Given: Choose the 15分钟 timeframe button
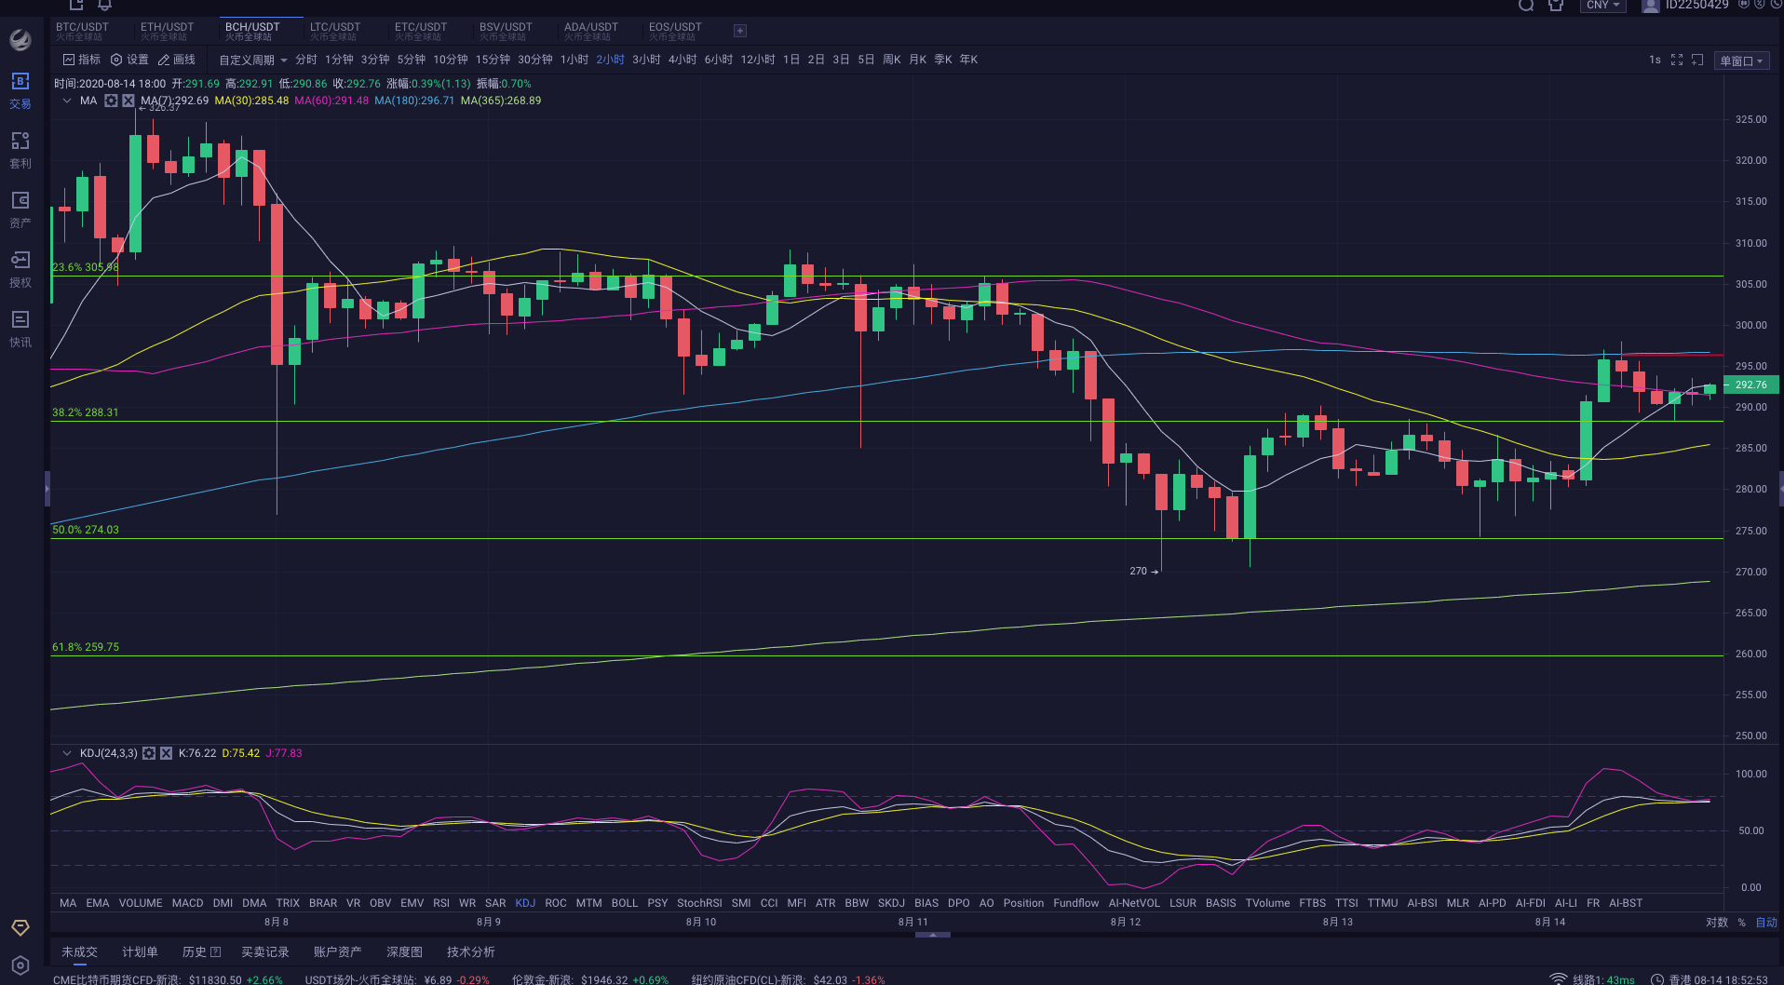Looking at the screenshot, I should click(493, 60).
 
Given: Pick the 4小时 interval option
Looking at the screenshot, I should click(683, 60).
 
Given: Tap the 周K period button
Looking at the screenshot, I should click(891, 60).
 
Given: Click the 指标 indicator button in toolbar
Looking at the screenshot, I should click(82, 60).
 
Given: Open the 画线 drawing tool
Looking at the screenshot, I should click(177, 60).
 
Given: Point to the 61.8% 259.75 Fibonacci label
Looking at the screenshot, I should click(86, 647).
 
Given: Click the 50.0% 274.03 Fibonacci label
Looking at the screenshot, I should click(86, 530).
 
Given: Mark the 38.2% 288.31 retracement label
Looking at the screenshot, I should click(86, 412).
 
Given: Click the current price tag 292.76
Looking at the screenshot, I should click(1750, 385).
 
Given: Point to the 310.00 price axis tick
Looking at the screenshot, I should click(1750, 243).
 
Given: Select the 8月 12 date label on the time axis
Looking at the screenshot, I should click(1125, 922).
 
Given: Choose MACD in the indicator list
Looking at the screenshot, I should click(187, 903).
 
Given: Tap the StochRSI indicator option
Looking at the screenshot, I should click(699, 903).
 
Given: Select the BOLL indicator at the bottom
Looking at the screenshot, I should click(625, 903).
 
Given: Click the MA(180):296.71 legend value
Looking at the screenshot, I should click(414, 101).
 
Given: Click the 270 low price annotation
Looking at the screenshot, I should click(1139, 571).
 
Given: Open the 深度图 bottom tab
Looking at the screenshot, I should click(404, 951).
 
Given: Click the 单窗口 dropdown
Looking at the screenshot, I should click(1741, 61).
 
